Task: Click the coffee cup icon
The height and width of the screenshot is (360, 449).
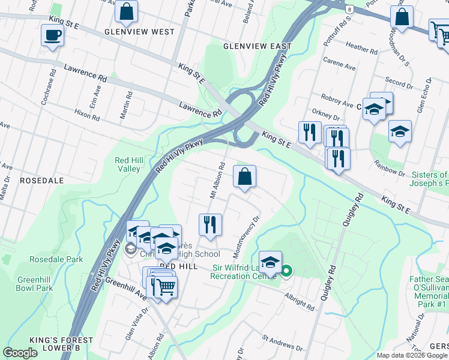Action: (52, 34)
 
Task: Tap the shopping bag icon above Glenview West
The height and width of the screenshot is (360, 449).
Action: (127, 11)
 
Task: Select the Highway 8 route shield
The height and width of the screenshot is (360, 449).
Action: (349, 9)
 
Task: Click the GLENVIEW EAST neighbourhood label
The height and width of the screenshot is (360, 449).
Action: (257, 46)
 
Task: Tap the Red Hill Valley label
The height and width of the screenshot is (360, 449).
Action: (128, 164)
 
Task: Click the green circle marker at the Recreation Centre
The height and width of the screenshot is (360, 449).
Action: (286, 271)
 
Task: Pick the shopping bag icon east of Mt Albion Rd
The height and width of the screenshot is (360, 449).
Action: (244, 176)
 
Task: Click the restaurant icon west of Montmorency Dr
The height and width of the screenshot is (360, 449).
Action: (210, 225)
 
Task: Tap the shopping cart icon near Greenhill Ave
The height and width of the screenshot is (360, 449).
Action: (165, 286)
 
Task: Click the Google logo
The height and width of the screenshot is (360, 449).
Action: (20, 353)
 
